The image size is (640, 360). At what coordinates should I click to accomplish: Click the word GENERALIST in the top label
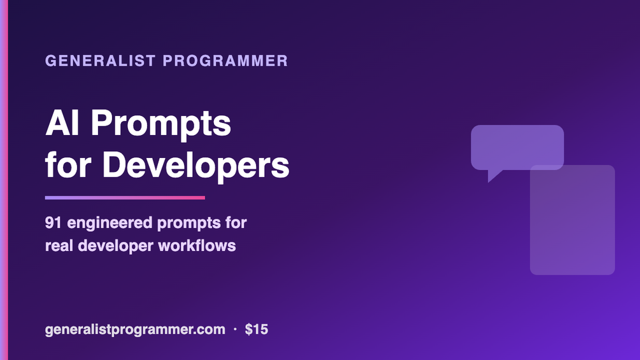click(x=101, y=61)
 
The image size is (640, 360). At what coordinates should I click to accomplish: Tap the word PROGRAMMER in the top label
click(x=225, y=61)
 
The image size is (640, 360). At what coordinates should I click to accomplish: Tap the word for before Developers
click(x=68, y=165)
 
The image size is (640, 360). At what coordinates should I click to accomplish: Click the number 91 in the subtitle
click(x=53, y=223)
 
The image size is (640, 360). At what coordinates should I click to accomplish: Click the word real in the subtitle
click(x=59, y=246)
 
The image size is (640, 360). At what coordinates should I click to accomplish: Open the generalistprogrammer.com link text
click(x=135, y=330)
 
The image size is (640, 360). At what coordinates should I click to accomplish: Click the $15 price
click(x=257, y=329)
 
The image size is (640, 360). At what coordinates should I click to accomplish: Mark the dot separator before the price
click(x=235, y=329)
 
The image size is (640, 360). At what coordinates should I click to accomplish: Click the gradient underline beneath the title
click(x=125, y=198)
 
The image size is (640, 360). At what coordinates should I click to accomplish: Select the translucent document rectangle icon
click(x=572, y=220)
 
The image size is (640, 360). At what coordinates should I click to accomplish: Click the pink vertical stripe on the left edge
click(x=4, y=180)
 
